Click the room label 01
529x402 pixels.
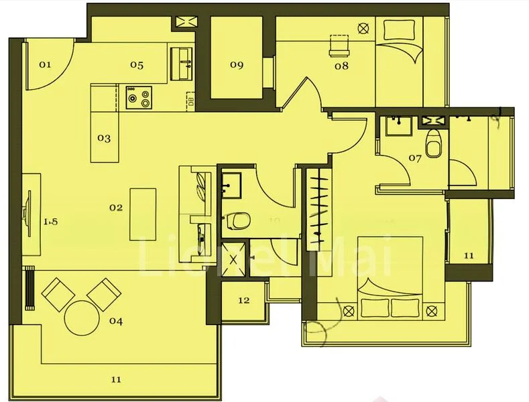[45, 65]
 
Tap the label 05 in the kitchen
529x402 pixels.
[137, 65]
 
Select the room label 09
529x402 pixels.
[236, 65]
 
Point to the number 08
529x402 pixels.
[341, 66]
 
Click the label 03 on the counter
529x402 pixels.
[103, 139]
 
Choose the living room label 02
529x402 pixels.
[116, 208]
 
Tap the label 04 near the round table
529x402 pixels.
[116, 321]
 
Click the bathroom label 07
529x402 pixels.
[414, 159]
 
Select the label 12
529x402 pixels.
[243, 300]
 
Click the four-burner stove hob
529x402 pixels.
[138, 98]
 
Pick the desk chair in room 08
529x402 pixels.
[340, 44]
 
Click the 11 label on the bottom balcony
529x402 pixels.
[116, 379]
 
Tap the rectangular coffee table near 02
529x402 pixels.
[142, 212]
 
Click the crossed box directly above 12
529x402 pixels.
[234, 258]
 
